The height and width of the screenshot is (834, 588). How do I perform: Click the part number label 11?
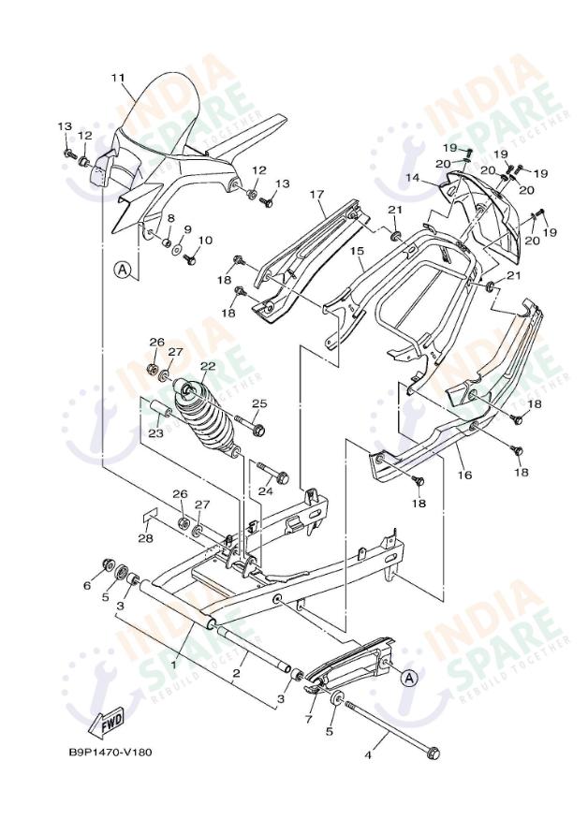pos(117,77)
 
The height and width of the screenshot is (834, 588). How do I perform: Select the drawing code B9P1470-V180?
pos(110,752)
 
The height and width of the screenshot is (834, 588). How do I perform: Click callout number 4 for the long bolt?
pos(368,754)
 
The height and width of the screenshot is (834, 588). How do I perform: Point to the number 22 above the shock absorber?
pos(207,366)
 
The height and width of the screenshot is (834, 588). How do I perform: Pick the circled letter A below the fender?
pos(122,271)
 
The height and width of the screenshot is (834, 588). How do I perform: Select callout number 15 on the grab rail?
pos(357,251)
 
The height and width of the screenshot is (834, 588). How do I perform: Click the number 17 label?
pos(316,195)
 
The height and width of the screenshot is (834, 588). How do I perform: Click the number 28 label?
pos(145,538)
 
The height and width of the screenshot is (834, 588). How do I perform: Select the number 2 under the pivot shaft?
pos(238,672)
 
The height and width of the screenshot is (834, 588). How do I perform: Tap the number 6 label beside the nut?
pos(88,586)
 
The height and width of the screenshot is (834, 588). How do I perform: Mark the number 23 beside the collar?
pos(155,433)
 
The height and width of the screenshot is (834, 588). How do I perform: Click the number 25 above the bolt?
pos(259,403)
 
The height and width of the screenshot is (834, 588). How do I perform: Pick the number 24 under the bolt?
pos(265,490)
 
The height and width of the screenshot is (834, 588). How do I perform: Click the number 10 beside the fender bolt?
pos(205,241)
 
